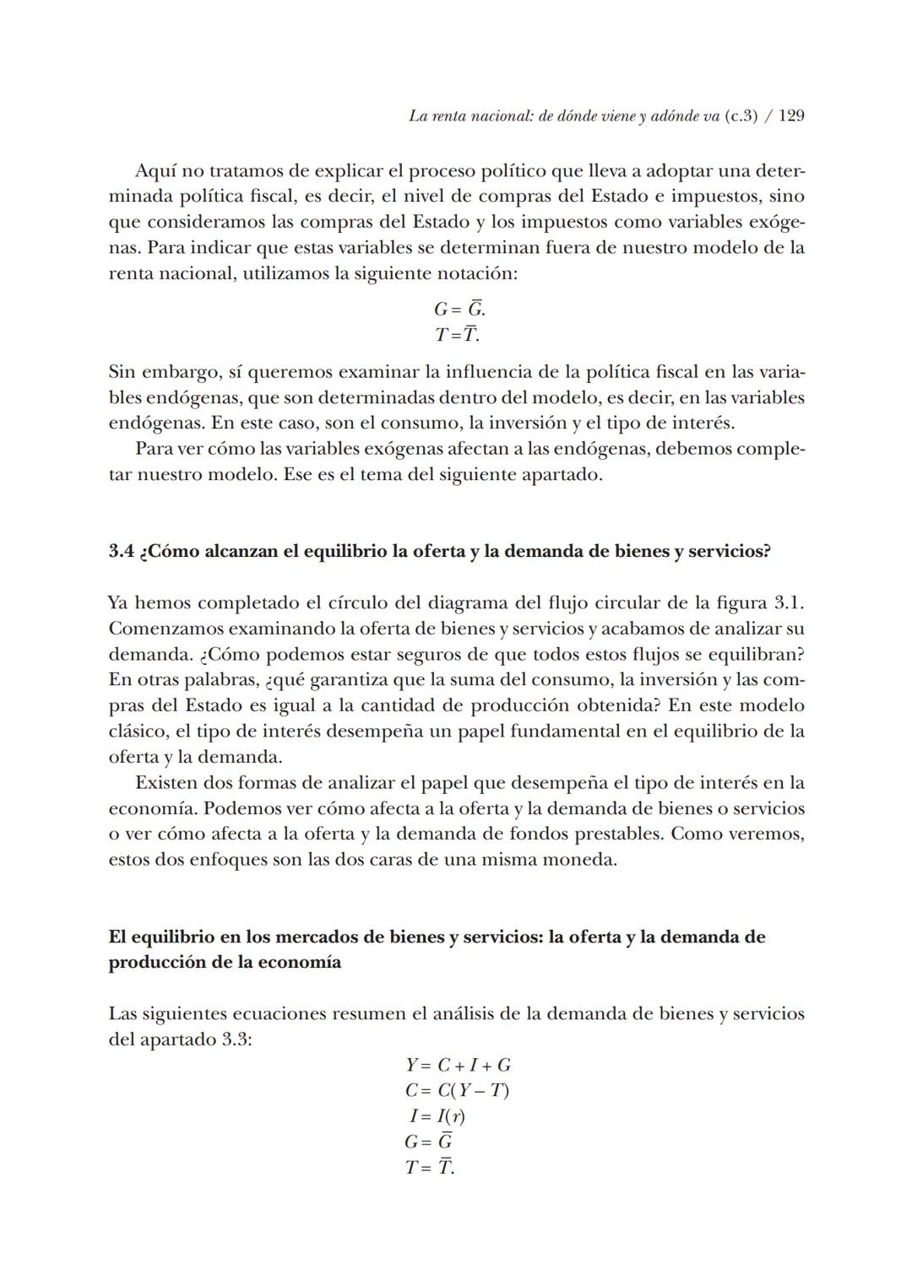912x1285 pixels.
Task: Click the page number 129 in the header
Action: tap(791, 116)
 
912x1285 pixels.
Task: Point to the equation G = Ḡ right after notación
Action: tap(459, 309)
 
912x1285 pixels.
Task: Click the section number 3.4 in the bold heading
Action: tap(121, 551)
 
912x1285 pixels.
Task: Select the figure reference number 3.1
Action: tap(788, 603)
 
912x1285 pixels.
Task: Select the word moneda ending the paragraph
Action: tap(584, 861)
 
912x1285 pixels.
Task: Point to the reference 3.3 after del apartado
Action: tap(236, 1039)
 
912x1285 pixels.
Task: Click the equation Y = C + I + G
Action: tap(458, 1065)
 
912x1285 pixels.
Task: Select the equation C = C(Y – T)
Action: tap(457, 1091)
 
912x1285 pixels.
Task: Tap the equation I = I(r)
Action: tap(437, 1116)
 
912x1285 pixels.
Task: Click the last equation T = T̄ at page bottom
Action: tap(429, 1169)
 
